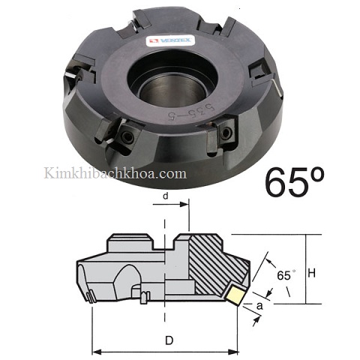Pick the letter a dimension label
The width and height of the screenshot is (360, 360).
pos(259,307)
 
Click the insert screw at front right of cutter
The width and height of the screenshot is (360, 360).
pos(226,136)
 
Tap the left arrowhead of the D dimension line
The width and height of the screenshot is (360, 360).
pos(94,351)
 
